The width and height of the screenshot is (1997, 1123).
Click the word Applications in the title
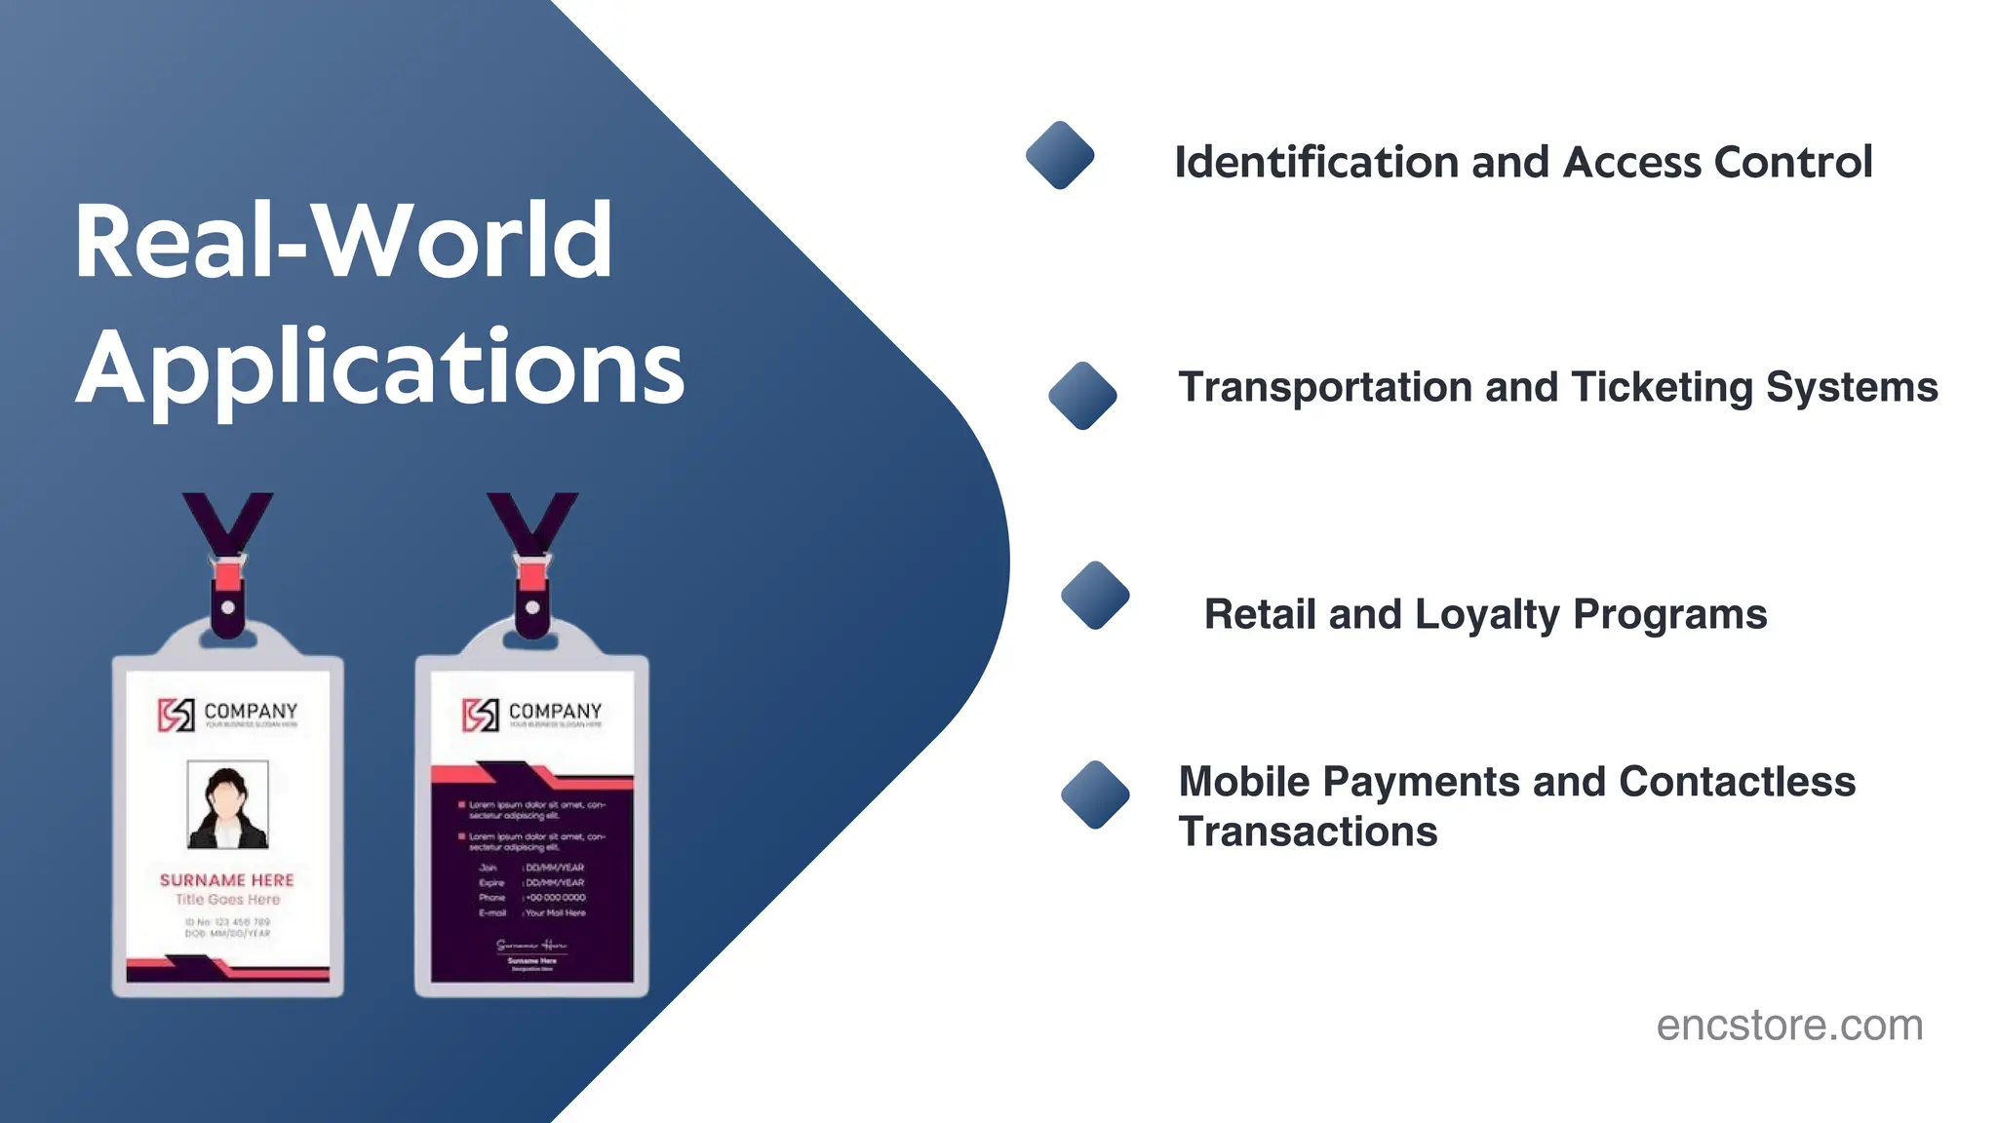(x=380, y=368)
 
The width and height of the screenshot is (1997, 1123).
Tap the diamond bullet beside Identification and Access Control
(x=1060, y=155)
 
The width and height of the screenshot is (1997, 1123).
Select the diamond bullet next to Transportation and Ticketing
(x=1082, y=395)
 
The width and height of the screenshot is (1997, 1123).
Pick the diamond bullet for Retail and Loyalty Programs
(x=1095, y=595)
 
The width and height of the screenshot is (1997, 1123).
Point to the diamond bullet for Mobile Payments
(x=1095, y=794)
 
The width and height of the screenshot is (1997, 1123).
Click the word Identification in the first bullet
(x=1317, y=162)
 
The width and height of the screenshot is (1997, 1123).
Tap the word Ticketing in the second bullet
(x=1663, y=388)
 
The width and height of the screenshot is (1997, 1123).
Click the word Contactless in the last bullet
(x=1737, y=782)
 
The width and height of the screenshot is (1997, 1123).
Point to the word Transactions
(x=1308, y=833)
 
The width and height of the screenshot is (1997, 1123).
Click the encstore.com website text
(x=1789, y=1026)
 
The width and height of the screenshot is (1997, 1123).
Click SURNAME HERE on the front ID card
(x=227, y=880)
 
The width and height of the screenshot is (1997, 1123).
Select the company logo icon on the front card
(x=176, y=715)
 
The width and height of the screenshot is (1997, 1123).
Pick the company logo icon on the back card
(x=481, y=715)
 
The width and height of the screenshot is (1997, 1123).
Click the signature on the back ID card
(x=531, y=945)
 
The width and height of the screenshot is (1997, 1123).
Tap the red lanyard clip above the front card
(x=228, y=575)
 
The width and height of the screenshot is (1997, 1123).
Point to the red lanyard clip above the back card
(x=532, y=575)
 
